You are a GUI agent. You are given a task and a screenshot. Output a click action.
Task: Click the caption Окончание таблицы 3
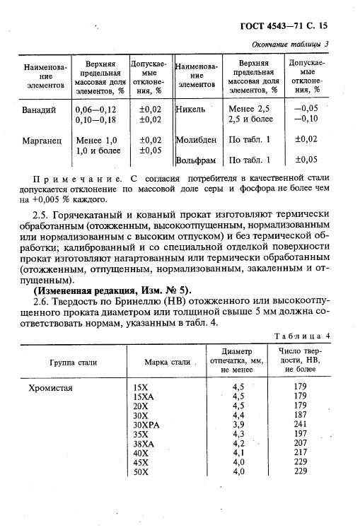point(292,45)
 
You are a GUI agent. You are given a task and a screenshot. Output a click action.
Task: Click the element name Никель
point(192,110)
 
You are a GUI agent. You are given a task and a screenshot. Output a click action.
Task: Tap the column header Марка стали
point(167,363)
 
